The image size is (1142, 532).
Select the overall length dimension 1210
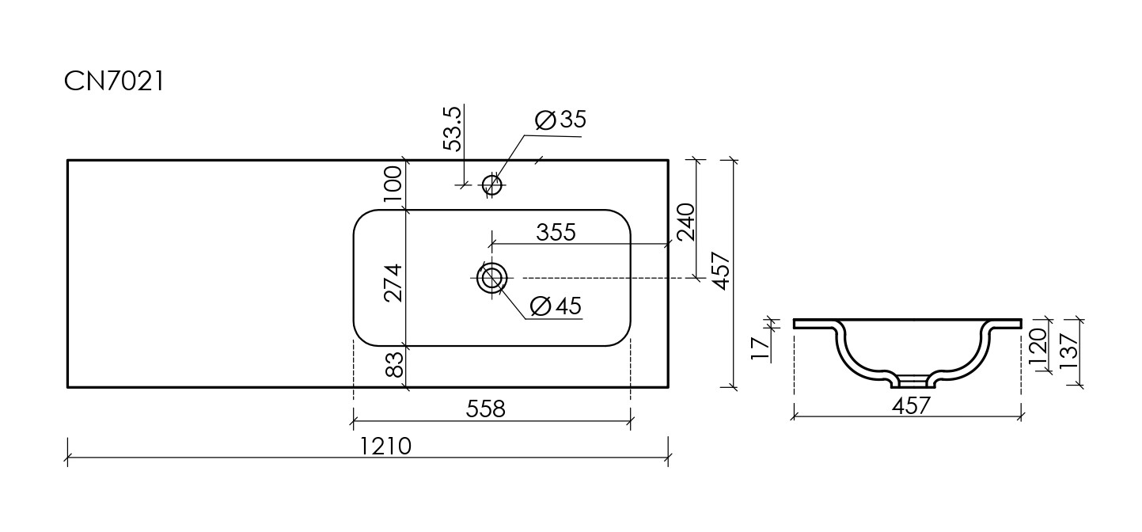385,446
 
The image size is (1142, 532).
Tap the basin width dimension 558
485,409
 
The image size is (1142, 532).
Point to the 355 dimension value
556,233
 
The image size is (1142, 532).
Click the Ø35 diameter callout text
560,120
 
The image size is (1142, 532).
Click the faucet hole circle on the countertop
492,185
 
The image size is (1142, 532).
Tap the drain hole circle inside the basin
492,278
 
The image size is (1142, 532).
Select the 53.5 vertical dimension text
452,129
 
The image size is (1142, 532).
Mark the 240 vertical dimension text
685,221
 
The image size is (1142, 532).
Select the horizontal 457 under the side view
910,406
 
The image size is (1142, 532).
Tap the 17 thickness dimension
759,347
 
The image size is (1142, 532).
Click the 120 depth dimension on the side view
1038,345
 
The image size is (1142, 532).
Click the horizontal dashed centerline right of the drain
601,278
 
